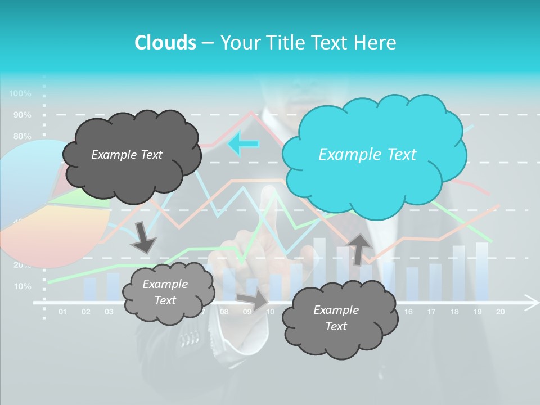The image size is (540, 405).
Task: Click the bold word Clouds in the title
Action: pyautogui.click(x=165, y=42)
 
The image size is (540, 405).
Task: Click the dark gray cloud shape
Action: pyautogui.click(x=130, y=155)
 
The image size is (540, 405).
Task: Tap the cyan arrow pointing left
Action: pyautogui.click(x=242, y=143)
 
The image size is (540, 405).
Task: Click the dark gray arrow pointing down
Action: pyautogui.click(x=143, y=237)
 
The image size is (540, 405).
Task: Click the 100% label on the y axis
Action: pyautogui.click(x=20, y=93)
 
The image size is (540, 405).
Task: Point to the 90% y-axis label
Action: pyautogui.click(x=22, y=115)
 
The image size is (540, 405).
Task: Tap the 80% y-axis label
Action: pyautogui.click(x=22, y=136)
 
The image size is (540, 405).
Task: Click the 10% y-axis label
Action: pyautogui.click(x=22, y=286)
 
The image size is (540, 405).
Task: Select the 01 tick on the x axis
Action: pyautogui.click(x=62, y=312)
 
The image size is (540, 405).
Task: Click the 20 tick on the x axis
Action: pyautogui.click(x=499, y=312)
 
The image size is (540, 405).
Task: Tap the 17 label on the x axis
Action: pyautogui.click(x=431, y=312)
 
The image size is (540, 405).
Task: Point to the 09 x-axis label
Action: pyautogui.click(x=247, y=312)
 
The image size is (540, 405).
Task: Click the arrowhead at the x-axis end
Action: pyautogui.click(x=531, y=303)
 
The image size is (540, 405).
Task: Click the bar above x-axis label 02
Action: pyautogui.click(x=89, y=289)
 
